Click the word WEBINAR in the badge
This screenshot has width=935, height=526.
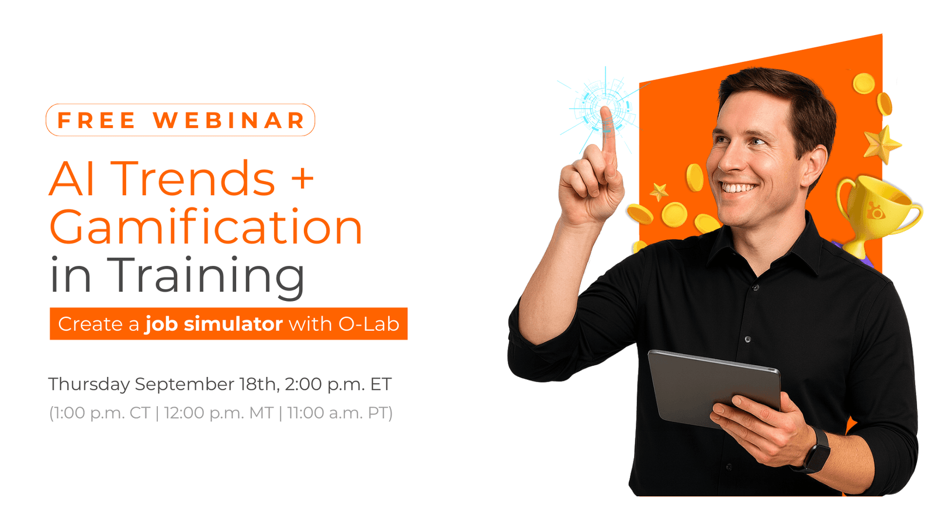coord(229,120)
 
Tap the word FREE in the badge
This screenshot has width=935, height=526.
coord(96,120)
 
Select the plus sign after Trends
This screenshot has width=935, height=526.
coord(302,177)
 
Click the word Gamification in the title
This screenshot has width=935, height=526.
coord(206,228)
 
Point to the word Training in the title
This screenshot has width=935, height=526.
coord(206,276)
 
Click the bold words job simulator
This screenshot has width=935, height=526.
coord(214,324)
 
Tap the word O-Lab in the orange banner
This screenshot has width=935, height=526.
coord(369,324)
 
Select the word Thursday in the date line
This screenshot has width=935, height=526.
coord(89,384)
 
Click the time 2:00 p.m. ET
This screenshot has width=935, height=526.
coord(338,384)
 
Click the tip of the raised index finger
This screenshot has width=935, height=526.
coord(606,111)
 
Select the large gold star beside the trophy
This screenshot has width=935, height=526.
coord(882,144)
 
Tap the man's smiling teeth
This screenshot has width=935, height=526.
coord(738,188)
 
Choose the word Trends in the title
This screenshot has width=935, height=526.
coord(193,179)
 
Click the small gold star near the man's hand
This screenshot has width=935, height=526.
coord(660,191)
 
